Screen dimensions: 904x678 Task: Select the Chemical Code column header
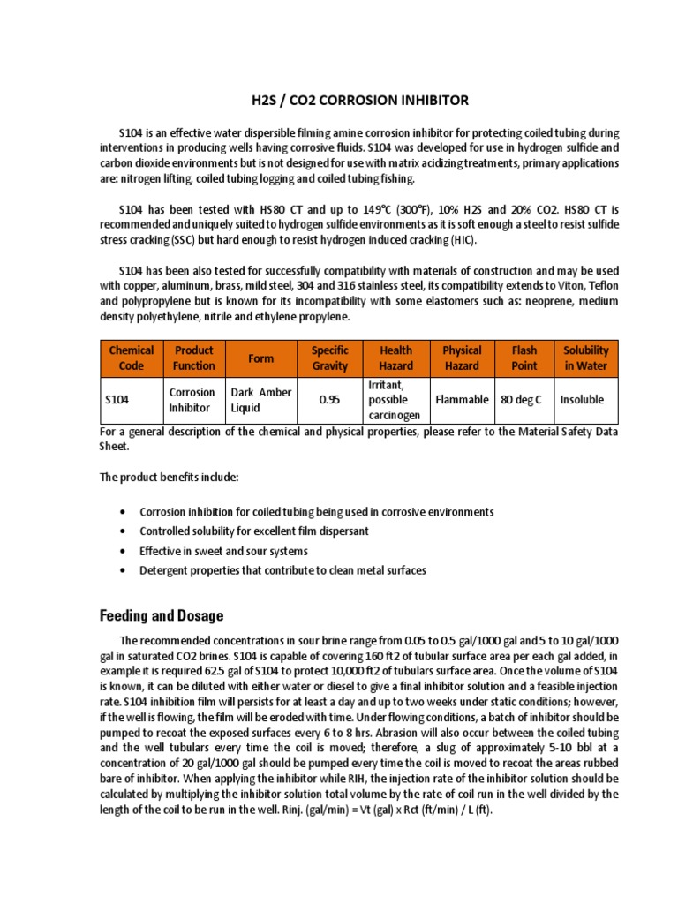click(131, 358)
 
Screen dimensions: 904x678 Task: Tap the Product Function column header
click(193, 358)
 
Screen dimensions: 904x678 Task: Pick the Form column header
click(261, 358)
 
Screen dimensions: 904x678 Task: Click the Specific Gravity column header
click(330, 358)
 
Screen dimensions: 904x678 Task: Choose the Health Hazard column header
click(395, 358)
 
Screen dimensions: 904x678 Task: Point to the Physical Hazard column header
click(462, 358)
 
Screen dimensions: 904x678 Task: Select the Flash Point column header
click(524, 358)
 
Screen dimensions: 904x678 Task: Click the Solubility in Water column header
click(586, 358)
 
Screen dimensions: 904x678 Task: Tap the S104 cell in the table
click(117, 400)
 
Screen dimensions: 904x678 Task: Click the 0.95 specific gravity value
click(330, 400)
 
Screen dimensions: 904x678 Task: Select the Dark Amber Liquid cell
click(261, 400)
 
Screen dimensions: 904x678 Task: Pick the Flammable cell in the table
click(462, 400)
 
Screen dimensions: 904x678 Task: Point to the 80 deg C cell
click(524, 400)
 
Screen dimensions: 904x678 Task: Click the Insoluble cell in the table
click(583, 400)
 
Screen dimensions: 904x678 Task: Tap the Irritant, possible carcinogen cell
click(395, 400)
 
